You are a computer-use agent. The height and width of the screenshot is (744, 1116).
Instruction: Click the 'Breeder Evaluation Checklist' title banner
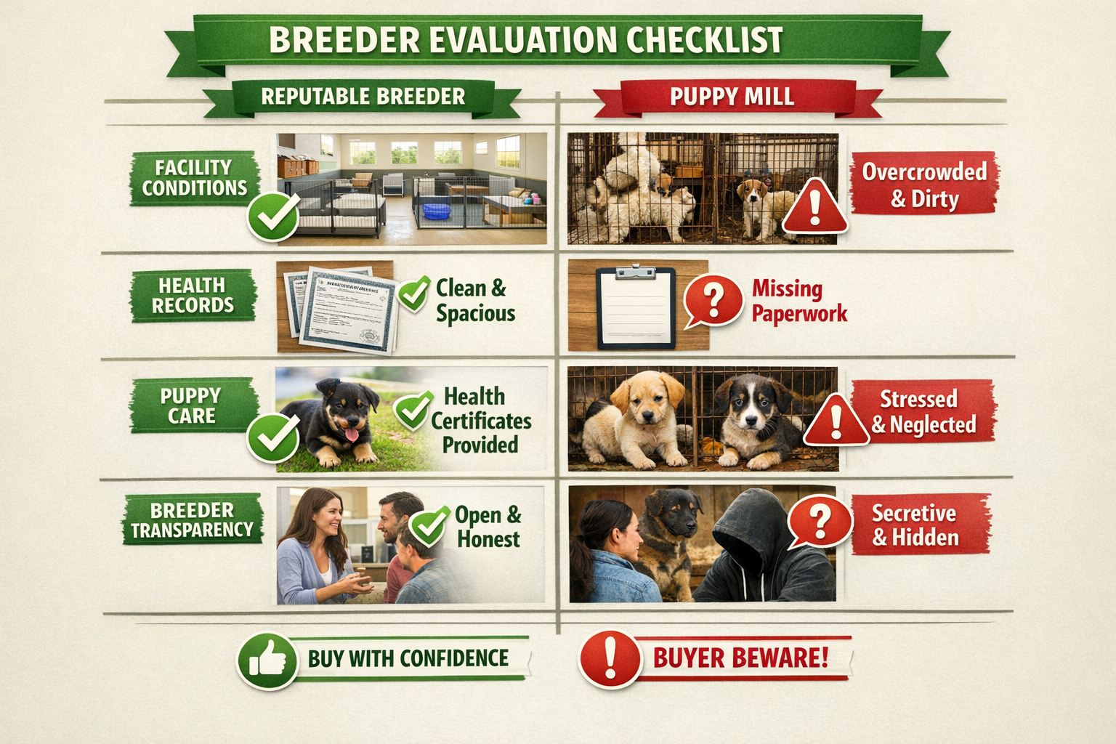[x=525, y=41]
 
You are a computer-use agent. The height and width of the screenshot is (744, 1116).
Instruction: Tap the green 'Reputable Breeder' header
[x=363, y=97]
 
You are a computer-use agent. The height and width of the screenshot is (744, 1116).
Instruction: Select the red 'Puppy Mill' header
[x=732, y=97]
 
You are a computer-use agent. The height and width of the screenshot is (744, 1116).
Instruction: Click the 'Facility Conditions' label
[x=194, y=178]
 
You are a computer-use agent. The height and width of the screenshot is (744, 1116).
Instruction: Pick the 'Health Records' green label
[x=193, y=296]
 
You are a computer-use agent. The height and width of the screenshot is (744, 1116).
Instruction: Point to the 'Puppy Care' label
[x=192, y=405]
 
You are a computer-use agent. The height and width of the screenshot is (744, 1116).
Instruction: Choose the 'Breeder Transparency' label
[x=193, y=520]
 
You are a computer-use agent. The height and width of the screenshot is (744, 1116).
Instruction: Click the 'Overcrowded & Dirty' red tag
[x=924, y=185]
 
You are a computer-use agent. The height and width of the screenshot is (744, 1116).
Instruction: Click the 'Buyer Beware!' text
[x=740, y=658]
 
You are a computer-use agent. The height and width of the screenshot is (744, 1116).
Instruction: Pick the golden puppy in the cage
[x=639, y=418]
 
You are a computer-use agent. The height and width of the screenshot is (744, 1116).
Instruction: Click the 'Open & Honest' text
[x=488, y=527]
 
